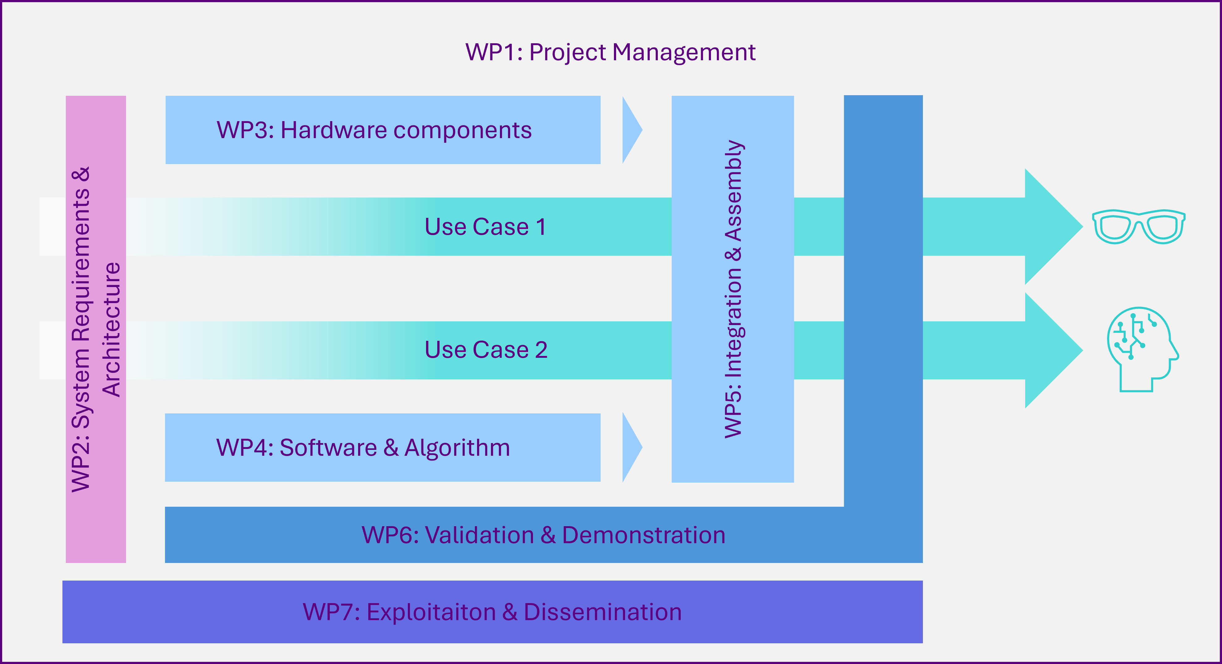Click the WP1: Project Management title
click(611, 52)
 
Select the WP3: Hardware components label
click(374, 130)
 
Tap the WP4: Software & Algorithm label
click(363, 448)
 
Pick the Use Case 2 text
click(486, 350)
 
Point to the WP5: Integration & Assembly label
click(734, 289)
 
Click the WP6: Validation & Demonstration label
click(543, 535)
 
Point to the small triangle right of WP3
click(632, 130)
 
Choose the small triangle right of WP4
click(632, 447)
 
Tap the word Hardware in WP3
click(333, 130)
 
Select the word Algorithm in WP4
click(457, 448)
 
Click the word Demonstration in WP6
click(644, 535)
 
